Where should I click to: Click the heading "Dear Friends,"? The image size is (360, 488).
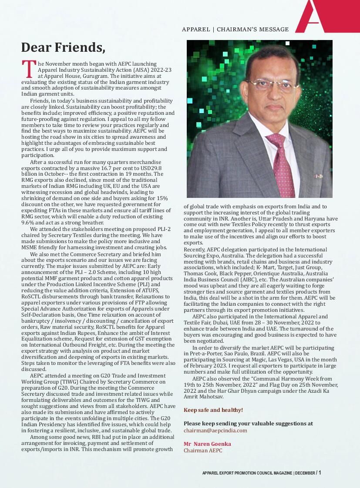click(x=63, y=47)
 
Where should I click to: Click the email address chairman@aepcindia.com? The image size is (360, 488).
click(x=215, y=430)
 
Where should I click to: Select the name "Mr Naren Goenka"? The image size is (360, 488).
click(x=207, y=444)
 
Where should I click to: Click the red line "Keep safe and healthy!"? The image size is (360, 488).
click(x=213, y=410)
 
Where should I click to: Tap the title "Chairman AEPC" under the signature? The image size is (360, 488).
click(x=203, y=451)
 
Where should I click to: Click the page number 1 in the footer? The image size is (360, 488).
click(x=320, y=472)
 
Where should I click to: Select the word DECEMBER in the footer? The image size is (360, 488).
click(x=305, y=473)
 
